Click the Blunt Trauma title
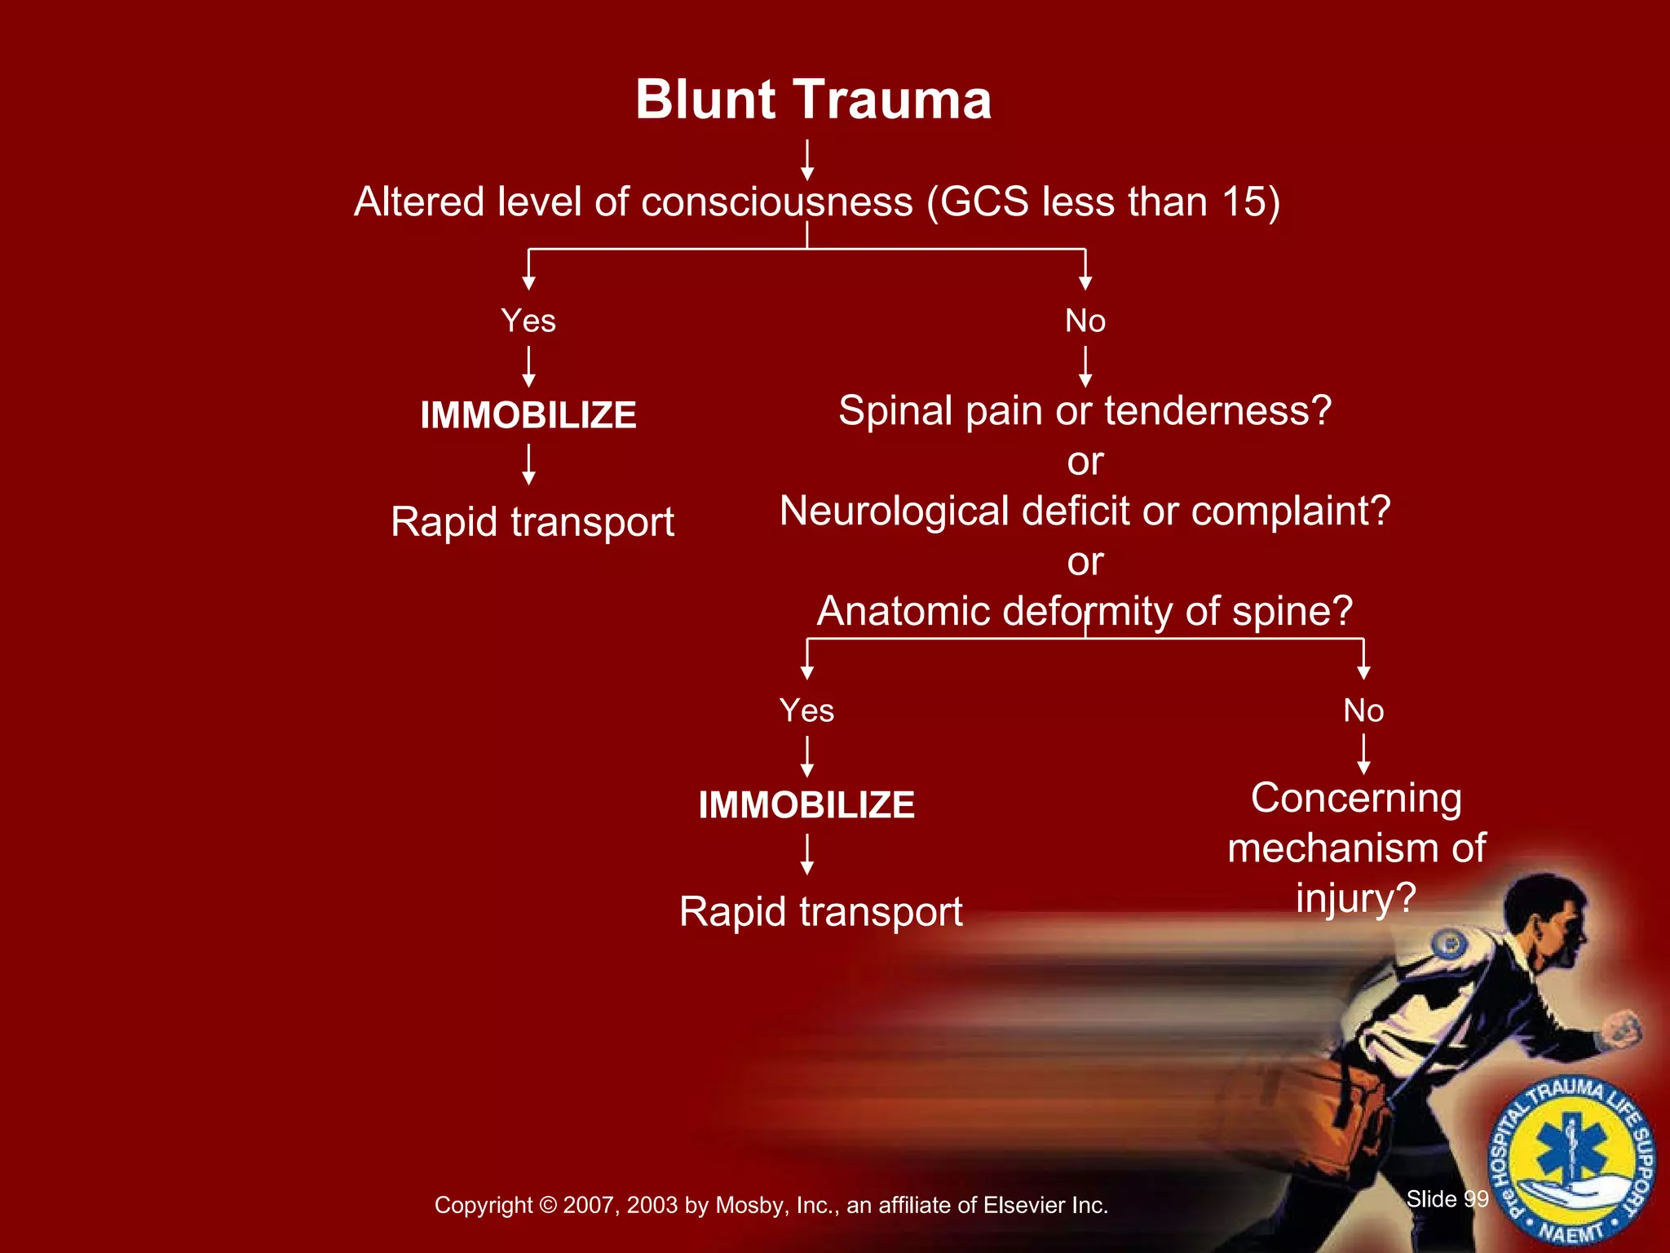[813, 100]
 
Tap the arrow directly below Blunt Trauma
[806, 159]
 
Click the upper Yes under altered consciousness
[528, 321]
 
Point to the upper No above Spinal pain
[1085, 321]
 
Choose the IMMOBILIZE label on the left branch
[528, 415]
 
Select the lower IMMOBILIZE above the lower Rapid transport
[806, 805]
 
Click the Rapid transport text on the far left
[532, 522]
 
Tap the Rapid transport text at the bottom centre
[820, 911]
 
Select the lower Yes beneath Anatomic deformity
[806, 711]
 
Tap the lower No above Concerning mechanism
[1363, 711]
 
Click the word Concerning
[1356, 798]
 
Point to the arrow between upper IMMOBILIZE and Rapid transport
[528, 464]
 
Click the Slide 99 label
[1447, 1198]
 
